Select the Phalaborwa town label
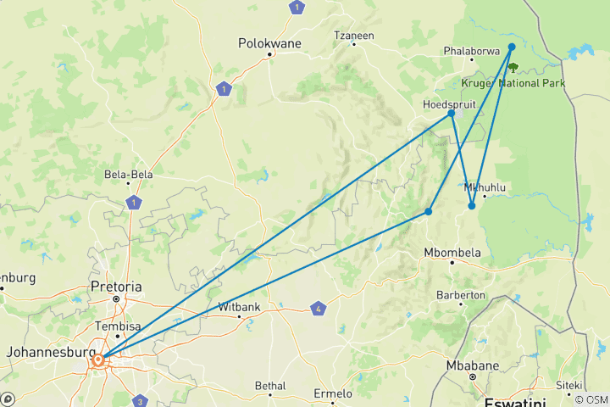470,51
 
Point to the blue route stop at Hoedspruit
452,113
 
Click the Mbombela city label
452,252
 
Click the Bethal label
271,386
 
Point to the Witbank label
240,306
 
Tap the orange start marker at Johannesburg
98,360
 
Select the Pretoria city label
116,287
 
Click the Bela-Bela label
128,175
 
